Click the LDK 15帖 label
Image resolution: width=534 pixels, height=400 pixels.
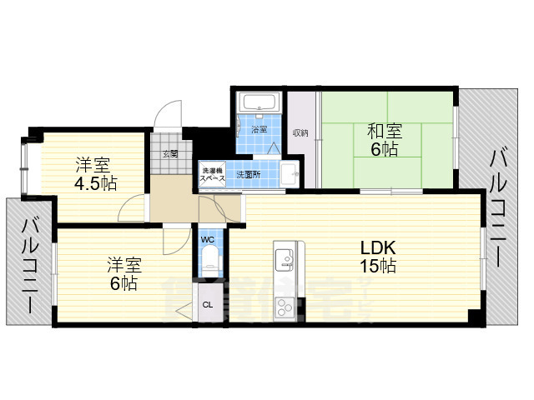click(x=377, y=257)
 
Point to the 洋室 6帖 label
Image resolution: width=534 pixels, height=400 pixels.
click(x=123, y=274)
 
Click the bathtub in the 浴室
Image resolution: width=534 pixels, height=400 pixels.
click(x=259, y=105)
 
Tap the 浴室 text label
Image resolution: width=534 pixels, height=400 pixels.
click(x=259, y=129)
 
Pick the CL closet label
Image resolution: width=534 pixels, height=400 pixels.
click(x=207, y=305)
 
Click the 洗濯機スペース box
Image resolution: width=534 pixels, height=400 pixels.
click(x=212, y=175)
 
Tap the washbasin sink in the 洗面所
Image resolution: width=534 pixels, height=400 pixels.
click(x=289, y=175)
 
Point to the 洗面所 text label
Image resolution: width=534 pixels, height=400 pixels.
click(x=249, y=175)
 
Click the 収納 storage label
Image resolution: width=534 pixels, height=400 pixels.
click(x=300, y=132)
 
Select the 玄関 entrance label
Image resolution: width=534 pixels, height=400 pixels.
click(x=170, y=153)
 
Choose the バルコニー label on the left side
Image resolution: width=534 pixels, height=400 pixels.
click(x=30, y=264)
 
